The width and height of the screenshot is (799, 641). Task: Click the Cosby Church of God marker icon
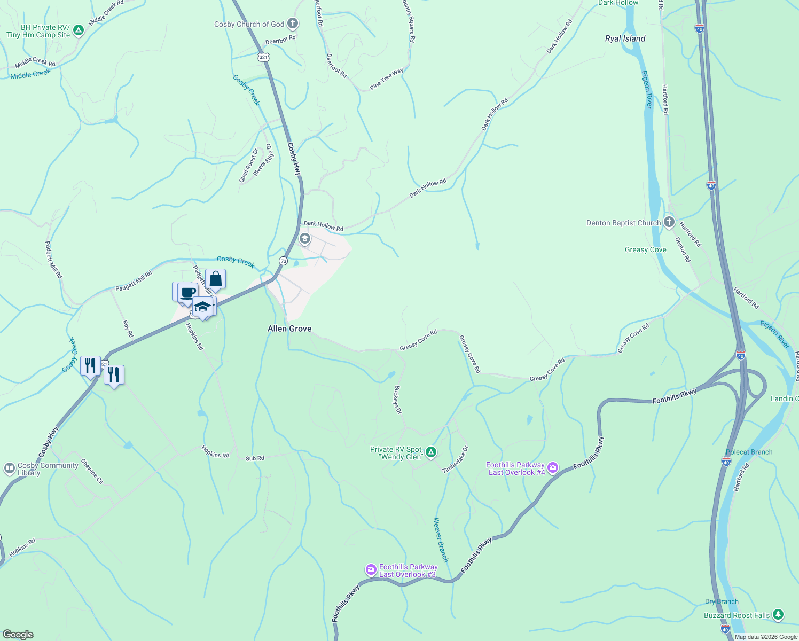click(x=292, y=24)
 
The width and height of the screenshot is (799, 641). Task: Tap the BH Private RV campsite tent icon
click(x=79, y=30)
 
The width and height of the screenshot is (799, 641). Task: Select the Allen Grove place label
click(x=289, y=329)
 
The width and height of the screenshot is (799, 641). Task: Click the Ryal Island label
click(x=625, y=38)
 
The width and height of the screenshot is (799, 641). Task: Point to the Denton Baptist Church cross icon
click(x=669, y=222)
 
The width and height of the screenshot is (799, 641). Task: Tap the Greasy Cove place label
click(x=645, y=249)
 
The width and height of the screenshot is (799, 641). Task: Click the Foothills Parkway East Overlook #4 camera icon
click(x=553, y=468)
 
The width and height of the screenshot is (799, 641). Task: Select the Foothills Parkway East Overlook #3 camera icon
click(x=371, y=570)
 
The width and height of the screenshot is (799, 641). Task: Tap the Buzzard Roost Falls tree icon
click(x=778, y=615)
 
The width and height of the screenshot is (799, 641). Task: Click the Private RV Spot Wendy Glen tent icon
click(x=431, y=453)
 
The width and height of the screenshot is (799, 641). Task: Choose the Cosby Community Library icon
click(x=9, y=468)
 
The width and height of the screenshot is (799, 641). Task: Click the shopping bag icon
click(x=215, y=279)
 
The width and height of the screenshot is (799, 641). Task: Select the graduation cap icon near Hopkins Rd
click(x=202, y=307)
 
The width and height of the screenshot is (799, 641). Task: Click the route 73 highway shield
click(x=283, y=261)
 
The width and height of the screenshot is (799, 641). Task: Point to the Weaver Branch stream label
click(x=441, y=540)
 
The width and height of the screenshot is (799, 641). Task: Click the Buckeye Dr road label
click(x=397, y=400)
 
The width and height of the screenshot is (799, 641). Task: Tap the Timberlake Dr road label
click(x=456, y=460)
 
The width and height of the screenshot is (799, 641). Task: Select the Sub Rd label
click(x=255, y=458)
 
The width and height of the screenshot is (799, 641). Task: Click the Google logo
click(x=18, y=634)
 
